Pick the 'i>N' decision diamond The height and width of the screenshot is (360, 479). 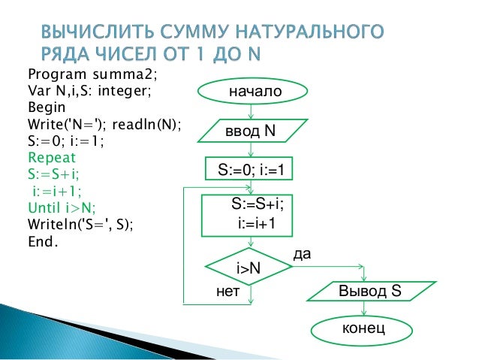(x=249, y=267)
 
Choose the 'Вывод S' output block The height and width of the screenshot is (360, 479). (x=373, y=291)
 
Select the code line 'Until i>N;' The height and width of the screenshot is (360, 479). (x=61, y=207)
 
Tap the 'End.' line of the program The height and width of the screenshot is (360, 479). (x=42, y=241)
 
